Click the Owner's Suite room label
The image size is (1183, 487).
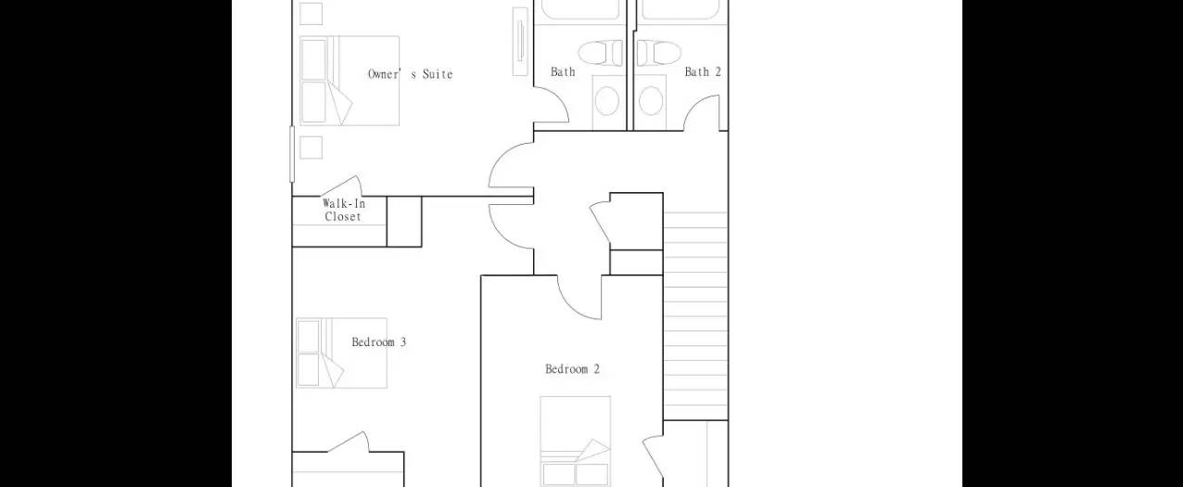coord(410,74)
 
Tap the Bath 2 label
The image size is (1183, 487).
coord(703,71)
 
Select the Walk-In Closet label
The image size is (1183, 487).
coord(342,211)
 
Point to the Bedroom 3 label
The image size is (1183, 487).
coord(378,342)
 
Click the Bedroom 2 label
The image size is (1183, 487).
coord(572,369)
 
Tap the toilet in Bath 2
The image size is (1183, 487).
coord(659,51)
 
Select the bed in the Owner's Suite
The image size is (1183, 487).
coord(349,81)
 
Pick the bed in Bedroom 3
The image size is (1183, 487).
coord(340,352)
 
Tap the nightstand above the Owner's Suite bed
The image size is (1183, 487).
coord(312,14)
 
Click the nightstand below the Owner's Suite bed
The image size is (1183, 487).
coord(312,147)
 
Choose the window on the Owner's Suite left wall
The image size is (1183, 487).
coord(292,154)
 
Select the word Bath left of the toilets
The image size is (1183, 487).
coord(563,71)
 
